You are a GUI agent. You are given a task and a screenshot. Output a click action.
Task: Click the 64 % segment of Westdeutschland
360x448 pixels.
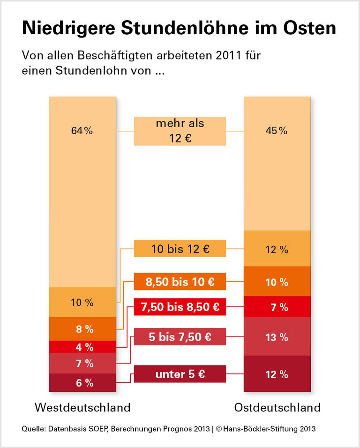pyautogui.click(x=82, y=191)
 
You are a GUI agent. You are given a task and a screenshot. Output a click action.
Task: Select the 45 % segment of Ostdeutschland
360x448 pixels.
pyautogui.click(x=277, y=163)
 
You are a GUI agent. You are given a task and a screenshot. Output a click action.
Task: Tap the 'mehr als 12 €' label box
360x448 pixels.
pyautogui.click(x=180, y=131)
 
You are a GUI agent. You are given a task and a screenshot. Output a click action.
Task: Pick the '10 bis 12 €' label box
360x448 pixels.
pyautogui.click(x=180, y=249)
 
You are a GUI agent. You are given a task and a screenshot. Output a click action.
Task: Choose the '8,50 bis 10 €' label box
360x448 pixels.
pyautogui.click(x=180, y=282)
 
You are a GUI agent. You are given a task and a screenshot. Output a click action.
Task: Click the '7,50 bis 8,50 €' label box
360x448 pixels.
pyautogui.click(x=180, y=308)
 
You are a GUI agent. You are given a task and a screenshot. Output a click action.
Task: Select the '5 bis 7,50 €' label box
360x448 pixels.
pyautogui.click(x=180, y=337)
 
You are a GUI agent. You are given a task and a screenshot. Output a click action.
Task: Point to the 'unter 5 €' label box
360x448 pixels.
pyautogui.click(x=180, y=374)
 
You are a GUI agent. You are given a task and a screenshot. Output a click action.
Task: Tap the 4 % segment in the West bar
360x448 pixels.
pyautogui.click(x=82, y=347)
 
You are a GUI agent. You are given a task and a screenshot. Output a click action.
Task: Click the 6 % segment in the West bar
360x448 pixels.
pyautogui.click(x=82, y=383)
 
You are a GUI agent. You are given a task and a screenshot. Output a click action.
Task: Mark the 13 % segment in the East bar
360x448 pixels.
pyautogui.click(x=277, y=337)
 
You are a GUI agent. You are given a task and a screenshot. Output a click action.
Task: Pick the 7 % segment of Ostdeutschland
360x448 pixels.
pyautogui.click(x=277, y=307)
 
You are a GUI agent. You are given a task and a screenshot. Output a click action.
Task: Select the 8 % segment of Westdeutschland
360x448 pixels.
pyautogui.click(x=82, y=329)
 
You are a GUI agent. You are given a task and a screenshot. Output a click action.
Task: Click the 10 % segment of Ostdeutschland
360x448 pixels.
pyautogui.click(x=277, y=281)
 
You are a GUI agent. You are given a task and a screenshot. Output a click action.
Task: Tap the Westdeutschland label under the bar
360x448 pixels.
pyautogui.click(x=82, y=407)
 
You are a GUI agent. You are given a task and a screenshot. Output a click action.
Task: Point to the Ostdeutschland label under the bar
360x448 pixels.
pyautogui.click(x=277, y=407)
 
